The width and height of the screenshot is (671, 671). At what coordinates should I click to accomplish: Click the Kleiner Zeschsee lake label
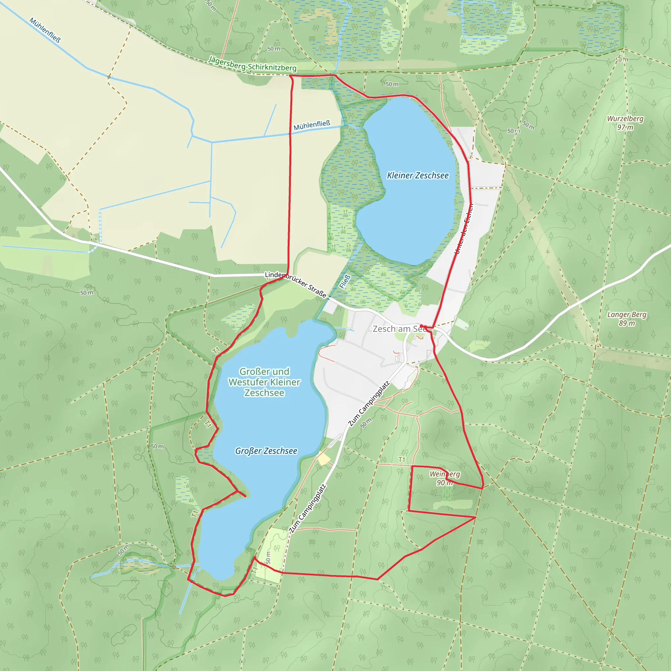point(417,175)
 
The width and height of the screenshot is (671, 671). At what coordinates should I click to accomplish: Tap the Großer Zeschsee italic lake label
point(266,451)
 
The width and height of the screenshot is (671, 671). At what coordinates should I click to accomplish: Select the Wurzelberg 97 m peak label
point(625,123)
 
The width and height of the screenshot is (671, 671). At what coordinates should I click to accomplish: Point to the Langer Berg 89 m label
point(626,319)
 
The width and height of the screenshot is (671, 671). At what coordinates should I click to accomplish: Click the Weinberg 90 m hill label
point(445,478)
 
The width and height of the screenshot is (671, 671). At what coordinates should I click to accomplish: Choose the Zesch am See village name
point(399,329)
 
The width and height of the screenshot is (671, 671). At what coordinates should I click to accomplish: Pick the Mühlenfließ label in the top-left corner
point(45,30)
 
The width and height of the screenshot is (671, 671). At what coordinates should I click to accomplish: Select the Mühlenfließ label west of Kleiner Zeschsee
point(312,125)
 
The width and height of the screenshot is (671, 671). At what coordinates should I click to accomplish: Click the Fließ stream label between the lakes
point(345,282)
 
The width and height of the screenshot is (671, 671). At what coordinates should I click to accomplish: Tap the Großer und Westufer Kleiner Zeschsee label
point(264,382)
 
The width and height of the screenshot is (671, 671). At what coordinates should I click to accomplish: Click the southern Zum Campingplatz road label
point(308,509)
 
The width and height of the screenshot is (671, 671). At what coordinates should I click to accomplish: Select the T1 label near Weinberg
point(402,460)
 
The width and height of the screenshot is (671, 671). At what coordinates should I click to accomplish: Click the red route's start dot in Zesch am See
point(421,326)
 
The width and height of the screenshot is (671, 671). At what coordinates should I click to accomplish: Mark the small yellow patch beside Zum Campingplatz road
point(324,459)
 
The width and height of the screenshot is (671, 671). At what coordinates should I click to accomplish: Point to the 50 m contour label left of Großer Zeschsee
point(157,447)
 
